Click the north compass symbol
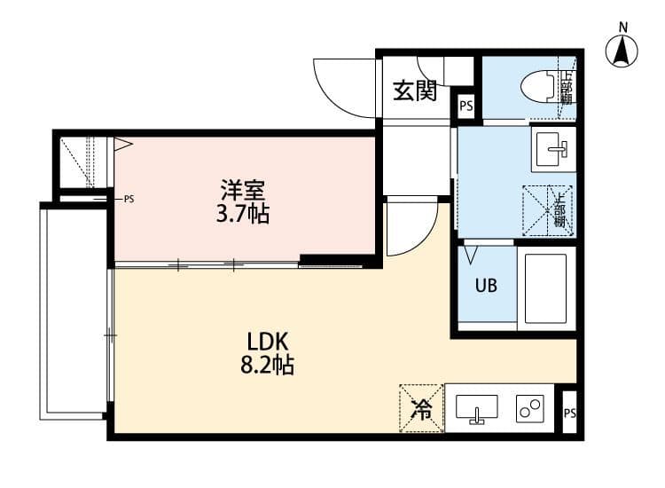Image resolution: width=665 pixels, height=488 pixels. click(622, 51)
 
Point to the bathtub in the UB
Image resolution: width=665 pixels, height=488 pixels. click(544, 288)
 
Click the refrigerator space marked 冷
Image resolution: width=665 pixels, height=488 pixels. click(422, 408)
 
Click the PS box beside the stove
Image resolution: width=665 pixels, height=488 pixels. click(569, 413)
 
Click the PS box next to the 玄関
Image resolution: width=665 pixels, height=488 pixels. click(465, 106)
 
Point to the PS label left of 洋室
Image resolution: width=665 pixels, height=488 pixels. click(129, 199)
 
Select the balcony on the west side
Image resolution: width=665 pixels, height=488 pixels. click(74, 311)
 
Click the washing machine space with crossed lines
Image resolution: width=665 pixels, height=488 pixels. click(547, 210)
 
